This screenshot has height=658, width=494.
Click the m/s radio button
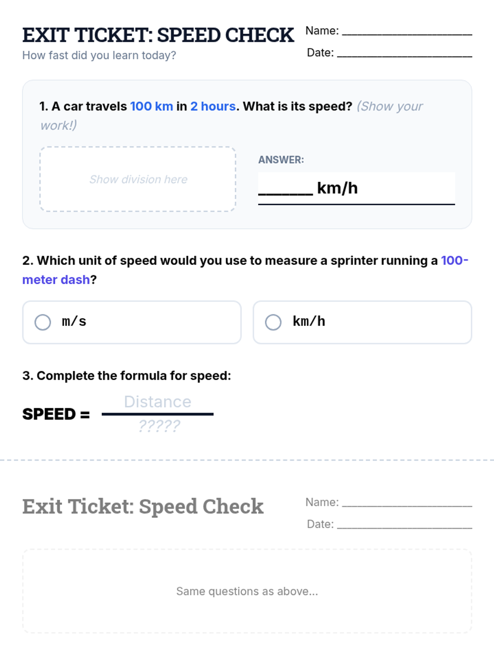pos(42,322)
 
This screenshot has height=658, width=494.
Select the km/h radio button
pos(273,322)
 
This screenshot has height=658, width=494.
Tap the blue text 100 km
pos(151,107)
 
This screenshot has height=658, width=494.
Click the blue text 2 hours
pos(213,107)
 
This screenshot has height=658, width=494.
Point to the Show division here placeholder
pos(138,179)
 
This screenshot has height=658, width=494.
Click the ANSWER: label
pos(281,160)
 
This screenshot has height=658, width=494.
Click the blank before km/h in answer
pos(286,194)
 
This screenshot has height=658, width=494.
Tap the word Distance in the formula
pos(158,402)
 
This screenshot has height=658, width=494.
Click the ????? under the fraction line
pos(159,426)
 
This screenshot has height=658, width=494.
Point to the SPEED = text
pos(56,414)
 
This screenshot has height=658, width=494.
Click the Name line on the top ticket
pos(407,35)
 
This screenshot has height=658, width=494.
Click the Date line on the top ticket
pos(405,56)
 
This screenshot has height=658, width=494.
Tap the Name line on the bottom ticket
pos(407,506)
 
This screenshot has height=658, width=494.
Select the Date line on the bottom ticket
pos(405,528)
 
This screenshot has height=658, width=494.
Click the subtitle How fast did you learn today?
pos(99,56)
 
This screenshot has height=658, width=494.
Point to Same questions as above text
pos(247,591)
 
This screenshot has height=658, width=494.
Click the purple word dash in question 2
pos(75,280)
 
